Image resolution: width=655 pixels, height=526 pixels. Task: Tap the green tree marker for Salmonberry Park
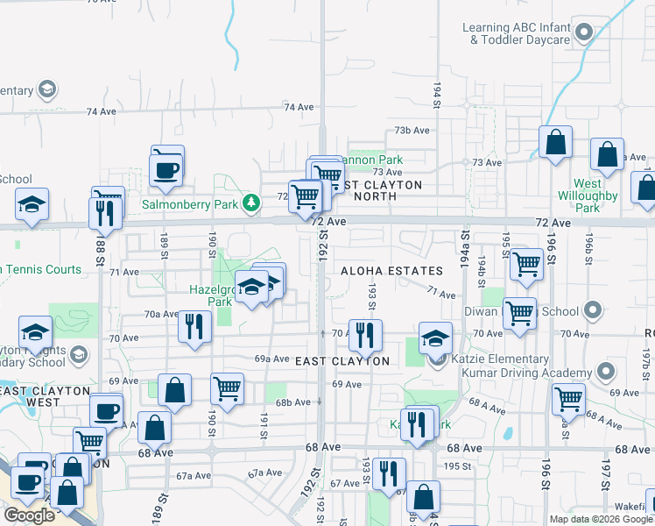pos(252,203)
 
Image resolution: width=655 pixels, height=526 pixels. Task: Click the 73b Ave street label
pos(412,130)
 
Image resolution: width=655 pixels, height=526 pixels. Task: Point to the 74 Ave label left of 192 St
pos(298,107)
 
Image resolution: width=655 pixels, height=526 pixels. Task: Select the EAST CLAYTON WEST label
pos(46,396)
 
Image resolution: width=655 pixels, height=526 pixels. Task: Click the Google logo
pos(30,515)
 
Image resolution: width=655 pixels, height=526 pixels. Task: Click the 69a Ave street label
pos(271,359)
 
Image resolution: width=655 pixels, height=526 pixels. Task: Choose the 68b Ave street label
pos(294,402)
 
